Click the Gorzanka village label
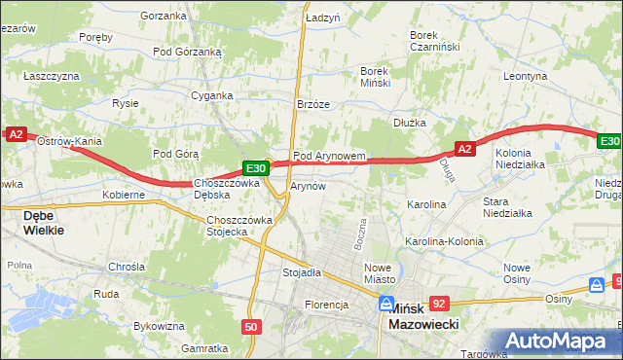click(x=163, y=16)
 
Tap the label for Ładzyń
click(x=321, y=18)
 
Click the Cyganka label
click(x=212, y=95)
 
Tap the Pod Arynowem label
click(x=329, y=156)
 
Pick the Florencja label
click(x=326, y=305)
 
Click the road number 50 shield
click(x=252, y=327)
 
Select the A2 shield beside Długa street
click(x=464, y=149)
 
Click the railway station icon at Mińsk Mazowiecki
click(x=386, y=304)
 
